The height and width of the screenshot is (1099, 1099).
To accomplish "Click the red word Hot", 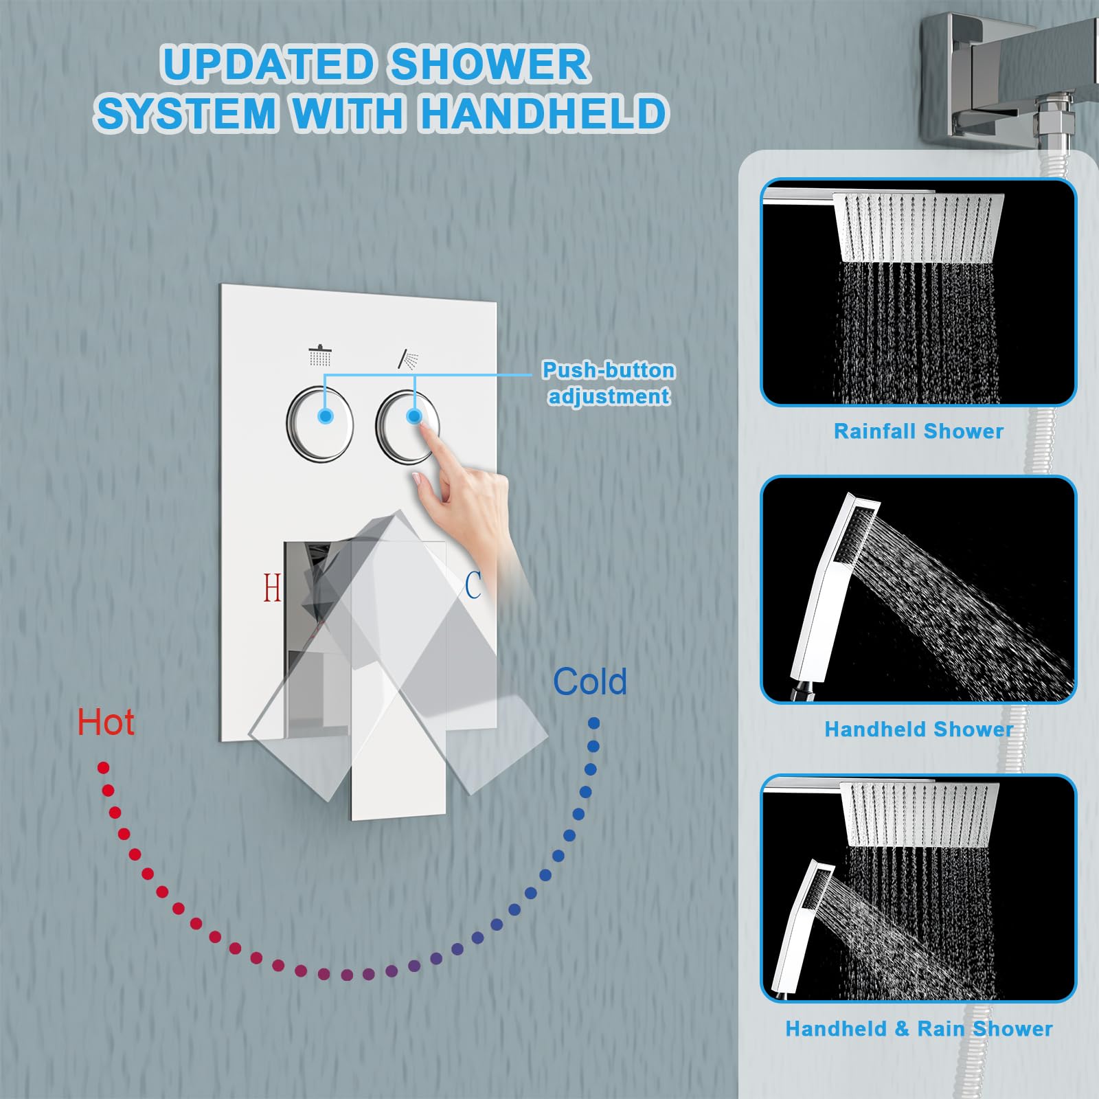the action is (x=105, y=723).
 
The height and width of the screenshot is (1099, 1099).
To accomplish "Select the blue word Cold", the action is (x=590, y=681).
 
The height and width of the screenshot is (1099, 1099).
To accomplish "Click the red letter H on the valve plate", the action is (x=272, y=587).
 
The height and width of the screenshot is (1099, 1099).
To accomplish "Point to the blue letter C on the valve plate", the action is (x=473, y=585).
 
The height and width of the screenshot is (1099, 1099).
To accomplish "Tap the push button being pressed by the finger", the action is (x=408, y=426).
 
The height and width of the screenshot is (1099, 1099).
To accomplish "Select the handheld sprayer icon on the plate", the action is (x=408, y=359).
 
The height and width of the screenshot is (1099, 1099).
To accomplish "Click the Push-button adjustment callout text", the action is (x=609, y=383).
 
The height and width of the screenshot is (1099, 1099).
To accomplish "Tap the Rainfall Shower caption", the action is (x=918, y=431).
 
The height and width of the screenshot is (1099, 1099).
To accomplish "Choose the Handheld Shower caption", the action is (x=918, y=729).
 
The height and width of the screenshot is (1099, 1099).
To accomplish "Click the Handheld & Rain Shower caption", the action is (x=918, y=1028).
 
